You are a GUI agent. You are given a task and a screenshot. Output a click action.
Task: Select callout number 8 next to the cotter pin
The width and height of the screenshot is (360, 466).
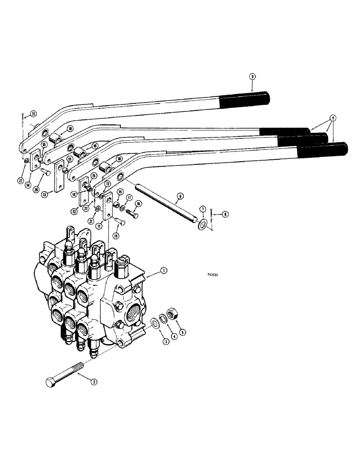tap(226, 214)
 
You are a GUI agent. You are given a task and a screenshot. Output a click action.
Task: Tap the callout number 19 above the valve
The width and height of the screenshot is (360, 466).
tap(116, 236)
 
